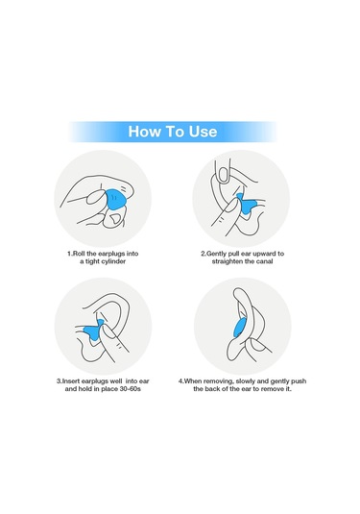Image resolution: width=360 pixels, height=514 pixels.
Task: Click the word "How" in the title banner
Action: (144, 132)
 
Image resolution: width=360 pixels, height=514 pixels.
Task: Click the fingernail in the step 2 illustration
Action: (223, 174)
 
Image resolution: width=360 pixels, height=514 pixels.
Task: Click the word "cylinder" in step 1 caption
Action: (113, 261)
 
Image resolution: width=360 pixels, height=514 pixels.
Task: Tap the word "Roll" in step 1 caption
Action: (79, 254)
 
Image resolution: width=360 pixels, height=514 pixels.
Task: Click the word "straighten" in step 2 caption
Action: (228, 261)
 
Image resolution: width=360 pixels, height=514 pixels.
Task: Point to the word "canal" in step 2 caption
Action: (265, 261)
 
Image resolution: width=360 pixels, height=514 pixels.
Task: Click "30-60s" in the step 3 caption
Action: (130, 389)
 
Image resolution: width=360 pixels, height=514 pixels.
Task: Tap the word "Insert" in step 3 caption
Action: (71, 381)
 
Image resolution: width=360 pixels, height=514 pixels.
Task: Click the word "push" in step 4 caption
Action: (299, 381)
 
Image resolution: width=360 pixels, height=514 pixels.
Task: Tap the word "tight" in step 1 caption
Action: (92, 261)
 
